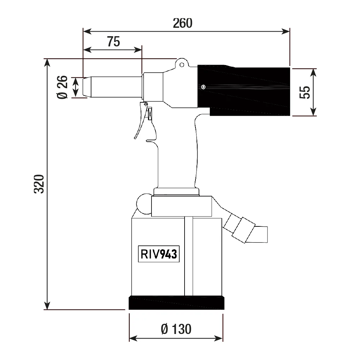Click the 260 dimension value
pyautogui.click(x=182, y=23)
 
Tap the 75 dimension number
pyautogui.click(x=114, y=41)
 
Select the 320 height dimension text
pyautogui.click(x=39, y=184)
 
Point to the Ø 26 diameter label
pyautogui.click(x=62, y=87)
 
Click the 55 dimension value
pyautogui.click(x=305, y=92)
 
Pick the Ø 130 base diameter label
pyautogui.click(x=176, y=329)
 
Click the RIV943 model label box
pyautogui.click(x=159, y=254)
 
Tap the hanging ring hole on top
pyautogui.click(x=182, y=65)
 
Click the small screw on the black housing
pyautogui.click(x=203, y=87)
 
